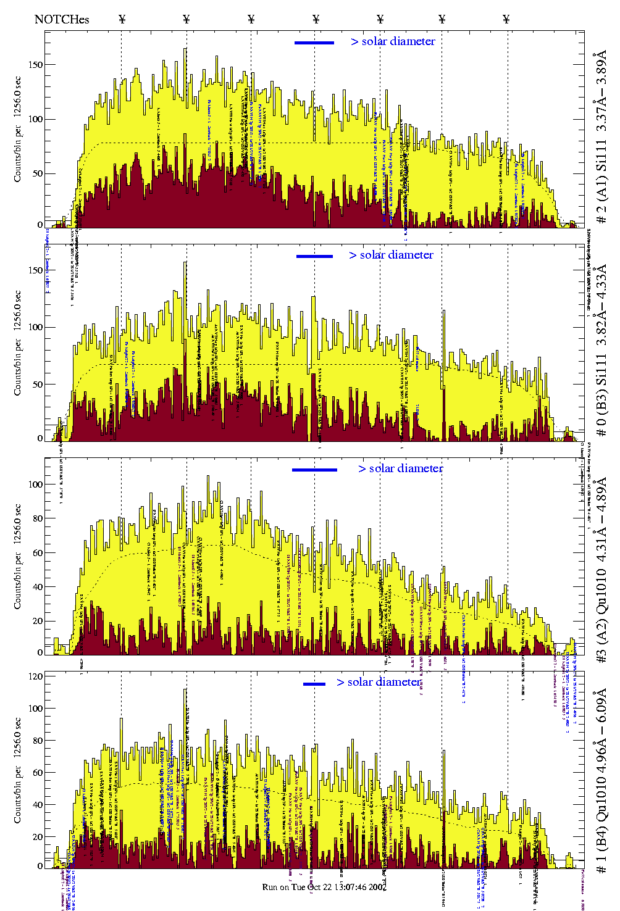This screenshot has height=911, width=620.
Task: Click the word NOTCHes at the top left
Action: pyautogui.click(x=62, y=19)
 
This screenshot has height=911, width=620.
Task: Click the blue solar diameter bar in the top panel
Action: pyautogui.click(x=314, y=43)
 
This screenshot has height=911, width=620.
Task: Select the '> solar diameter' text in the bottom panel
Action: pyautogui.click(x=379, y=682)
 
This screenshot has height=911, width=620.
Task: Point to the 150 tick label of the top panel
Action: pyautogui.click(x=36, y=64)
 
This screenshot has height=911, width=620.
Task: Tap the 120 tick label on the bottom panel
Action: pyautogui.click(x=36, y=676)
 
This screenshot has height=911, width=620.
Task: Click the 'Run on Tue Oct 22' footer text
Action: pyautogui.click(x=325, y=887)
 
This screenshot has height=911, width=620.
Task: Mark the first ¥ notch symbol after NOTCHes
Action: pyautogui.click(x=122, y=19)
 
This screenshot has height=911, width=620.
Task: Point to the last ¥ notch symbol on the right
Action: pyautogui.click(x=506, y=19)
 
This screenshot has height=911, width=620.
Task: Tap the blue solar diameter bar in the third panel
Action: pyautogui.click(x=314, y=470)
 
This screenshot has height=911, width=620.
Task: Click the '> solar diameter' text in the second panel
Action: pyautogui.click(x=391, y=255)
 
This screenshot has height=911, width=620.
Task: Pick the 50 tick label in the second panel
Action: pyautogui.click(x=38, y=384)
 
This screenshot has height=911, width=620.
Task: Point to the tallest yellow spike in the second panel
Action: pyautogui.click(x=185, y=264)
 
